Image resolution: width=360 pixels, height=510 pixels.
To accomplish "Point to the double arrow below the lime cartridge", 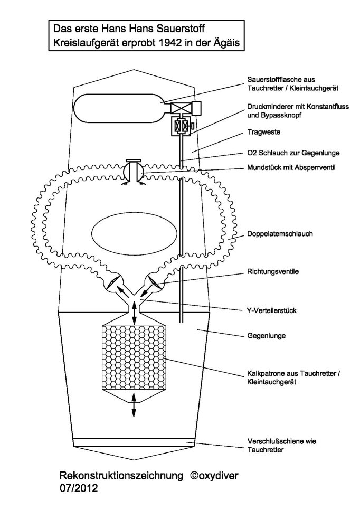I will (x=133, y=407).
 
